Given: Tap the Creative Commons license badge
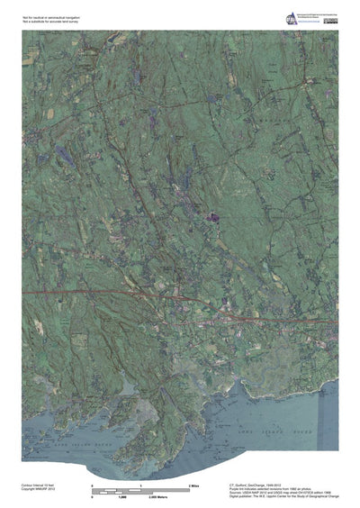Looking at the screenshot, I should (331, 20).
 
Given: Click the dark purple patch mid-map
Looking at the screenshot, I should (212, 217).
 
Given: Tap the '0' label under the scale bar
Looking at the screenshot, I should (93, 496).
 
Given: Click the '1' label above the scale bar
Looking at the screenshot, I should (141, 485).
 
